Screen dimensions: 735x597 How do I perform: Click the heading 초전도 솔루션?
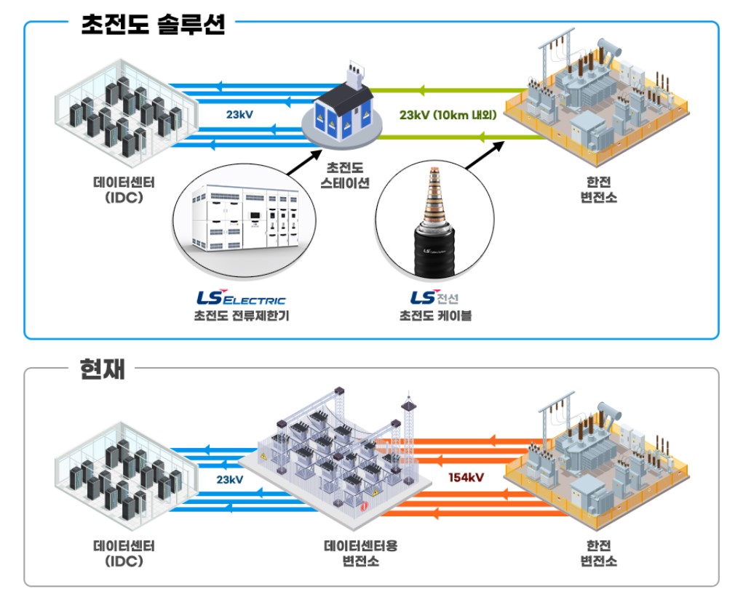pos(154,24)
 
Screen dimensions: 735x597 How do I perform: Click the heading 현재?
pos(102,369)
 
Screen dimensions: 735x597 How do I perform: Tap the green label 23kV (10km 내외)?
pos(448,115)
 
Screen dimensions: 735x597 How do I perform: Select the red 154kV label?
pos(466,477)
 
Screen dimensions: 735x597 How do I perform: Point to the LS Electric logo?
pos(241,298)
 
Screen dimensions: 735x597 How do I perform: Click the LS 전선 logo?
pos(434,297)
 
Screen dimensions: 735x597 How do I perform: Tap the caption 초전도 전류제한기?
pos(242,316)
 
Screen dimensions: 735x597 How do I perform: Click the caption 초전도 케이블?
pos(435,316)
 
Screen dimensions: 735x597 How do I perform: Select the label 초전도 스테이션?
pos(345,175)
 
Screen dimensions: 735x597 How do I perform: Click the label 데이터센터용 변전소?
pos(360,553)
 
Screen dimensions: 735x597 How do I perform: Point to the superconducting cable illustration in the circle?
pos(434,220)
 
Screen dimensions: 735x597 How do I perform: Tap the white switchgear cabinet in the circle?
pos(245,217)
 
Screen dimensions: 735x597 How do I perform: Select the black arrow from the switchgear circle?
pos(305,162)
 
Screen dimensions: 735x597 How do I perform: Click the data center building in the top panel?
pos(127,108)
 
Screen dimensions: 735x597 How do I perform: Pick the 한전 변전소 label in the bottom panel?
pos(599,553)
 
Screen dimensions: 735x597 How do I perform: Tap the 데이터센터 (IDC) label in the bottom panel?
pos(124,553)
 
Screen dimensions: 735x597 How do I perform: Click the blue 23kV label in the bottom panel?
pos(230,479)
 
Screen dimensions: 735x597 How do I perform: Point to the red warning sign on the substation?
pos(364,507)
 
